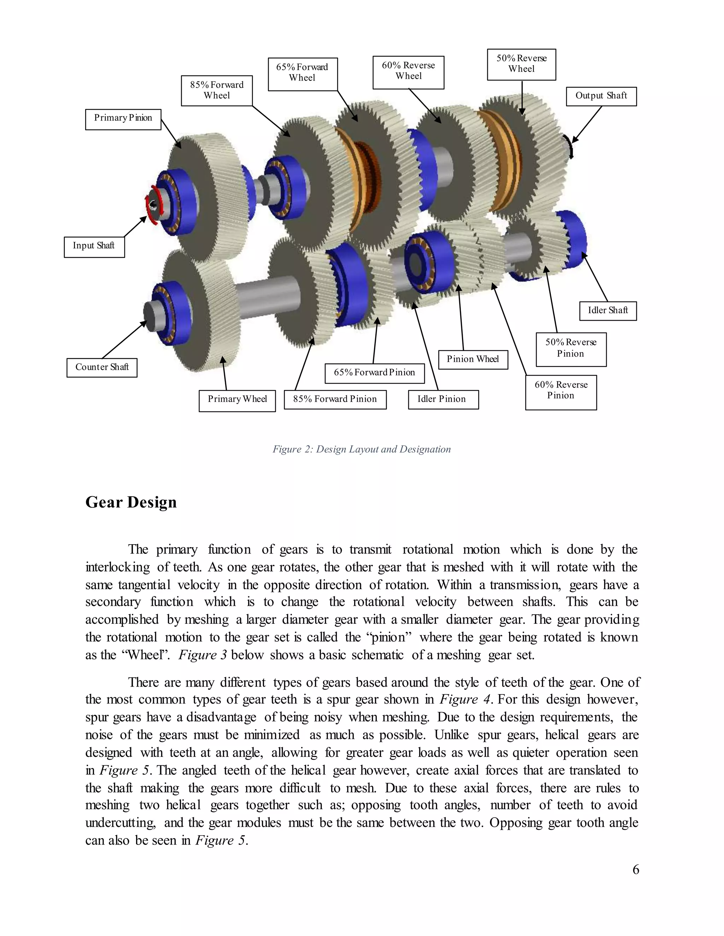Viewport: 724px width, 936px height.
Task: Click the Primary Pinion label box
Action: [123, 119]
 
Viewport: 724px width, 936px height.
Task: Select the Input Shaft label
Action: [94, 247]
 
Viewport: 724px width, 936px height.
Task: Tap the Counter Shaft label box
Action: [102, 368]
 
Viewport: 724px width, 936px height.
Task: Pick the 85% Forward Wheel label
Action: [217, 90]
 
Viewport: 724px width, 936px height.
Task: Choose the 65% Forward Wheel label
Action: [302, 74]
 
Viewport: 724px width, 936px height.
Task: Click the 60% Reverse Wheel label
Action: [408, 72]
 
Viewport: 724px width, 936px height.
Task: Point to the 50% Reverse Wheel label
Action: [521, 64]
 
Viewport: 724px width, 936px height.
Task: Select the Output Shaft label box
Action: [601, 96]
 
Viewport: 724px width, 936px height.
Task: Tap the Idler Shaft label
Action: [608, 311]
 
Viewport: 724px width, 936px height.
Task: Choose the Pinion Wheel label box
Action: [473, 360]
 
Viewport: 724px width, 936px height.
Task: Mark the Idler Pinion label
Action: [443, 399]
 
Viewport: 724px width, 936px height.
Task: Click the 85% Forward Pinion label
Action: [335, 399]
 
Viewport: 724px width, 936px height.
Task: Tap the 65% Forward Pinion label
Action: [374, 373]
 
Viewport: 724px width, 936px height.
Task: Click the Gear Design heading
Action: [131, 502]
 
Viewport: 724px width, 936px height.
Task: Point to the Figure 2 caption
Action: [362, 449]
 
